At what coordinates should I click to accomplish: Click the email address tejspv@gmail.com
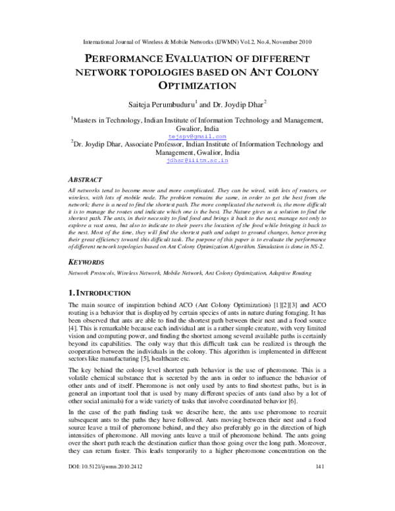click(197, 136)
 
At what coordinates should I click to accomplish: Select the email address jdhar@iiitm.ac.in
click(197, 159)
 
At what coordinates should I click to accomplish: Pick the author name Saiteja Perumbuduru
click(169, 104)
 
